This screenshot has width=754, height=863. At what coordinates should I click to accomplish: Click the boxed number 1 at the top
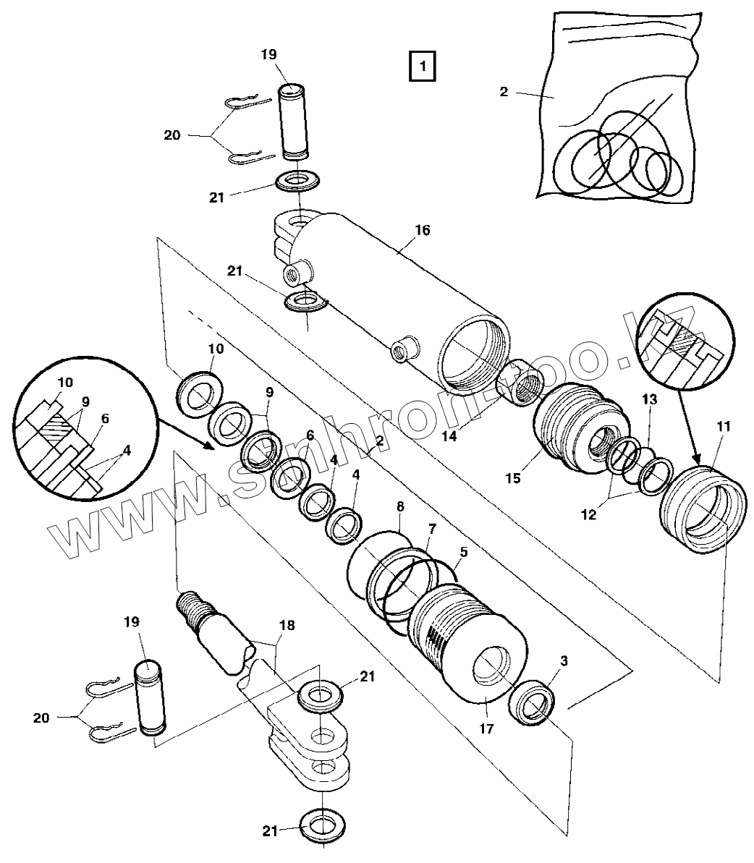click(x=422, y=67)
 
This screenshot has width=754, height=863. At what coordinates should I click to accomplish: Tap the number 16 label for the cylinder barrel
click(x=422, y=231)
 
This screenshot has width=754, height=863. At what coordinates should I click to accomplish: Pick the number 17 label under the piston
click(x=486, y=728)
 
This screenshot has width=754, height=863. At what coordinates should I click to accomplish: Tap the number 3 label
click(x=564, y=660)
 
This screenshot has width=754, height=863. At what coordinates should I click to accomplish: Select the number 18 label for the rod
click(x=287, y=626)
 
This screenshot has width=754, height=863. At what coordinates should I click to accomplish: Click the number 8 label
click(x=400, y=507)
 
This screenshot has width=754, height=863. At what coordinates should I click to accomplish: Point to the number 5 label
click(x=464, y=552)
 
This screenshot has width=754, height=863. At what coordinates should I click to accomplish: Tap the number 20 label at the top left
click(x=172, y=135)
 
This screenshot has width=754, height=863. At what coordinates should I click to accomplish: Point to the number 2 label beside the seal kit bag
click(x=504, y=92)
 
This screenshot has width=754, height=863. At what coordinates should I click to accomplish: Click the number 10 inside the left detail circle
click(x=65, y=382)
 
